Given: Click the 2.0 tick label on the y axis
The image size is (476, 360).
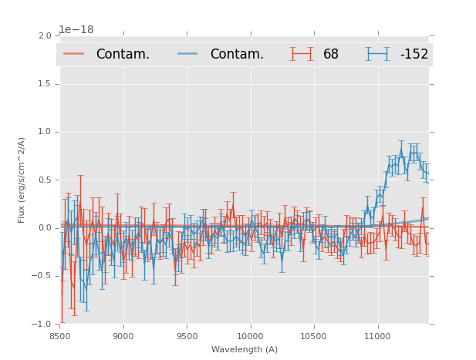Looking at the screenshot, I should point(44,35).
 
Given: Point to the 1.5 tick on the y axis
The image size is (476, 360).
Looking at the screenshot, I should point(44,83).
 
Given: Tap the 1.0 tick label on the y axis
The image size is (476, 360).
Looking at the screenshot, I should point(44,132).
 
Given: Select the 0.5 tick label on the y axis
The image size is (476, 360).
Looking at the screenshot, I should point(44,180).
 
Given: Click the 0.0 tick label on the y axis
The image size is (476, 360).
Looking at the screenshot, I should point(44,228).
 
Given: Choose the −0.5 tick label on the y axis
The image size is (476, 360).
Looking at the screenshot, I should point(41,276).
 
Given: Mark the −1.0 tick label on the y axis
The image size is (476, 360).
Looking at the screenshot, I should point(41,325).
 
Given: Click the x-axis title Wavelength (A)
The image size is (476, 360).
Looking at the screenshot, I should point(245,350).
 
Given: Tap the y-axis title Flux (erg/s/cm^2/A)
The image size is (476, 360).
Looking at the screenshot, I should point(22,180).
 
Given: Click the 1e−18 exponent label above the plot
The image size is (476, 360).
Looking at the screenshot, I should point(76,29).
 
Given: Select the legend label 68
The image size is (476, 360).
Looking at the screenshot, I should point(331,54).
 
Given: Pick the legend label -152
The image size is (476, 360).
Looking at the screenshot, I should point(414,54).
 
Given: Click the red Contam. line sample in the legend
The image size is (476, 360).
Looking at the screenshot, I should point(74,54).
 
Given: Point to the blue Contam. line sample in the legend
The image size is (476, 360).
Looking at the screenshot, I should point(188,54).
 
